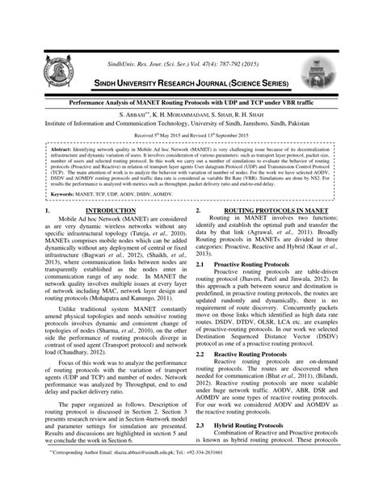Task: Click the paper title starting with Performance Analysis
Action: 191,104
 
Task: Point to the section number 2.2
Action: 200,354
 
